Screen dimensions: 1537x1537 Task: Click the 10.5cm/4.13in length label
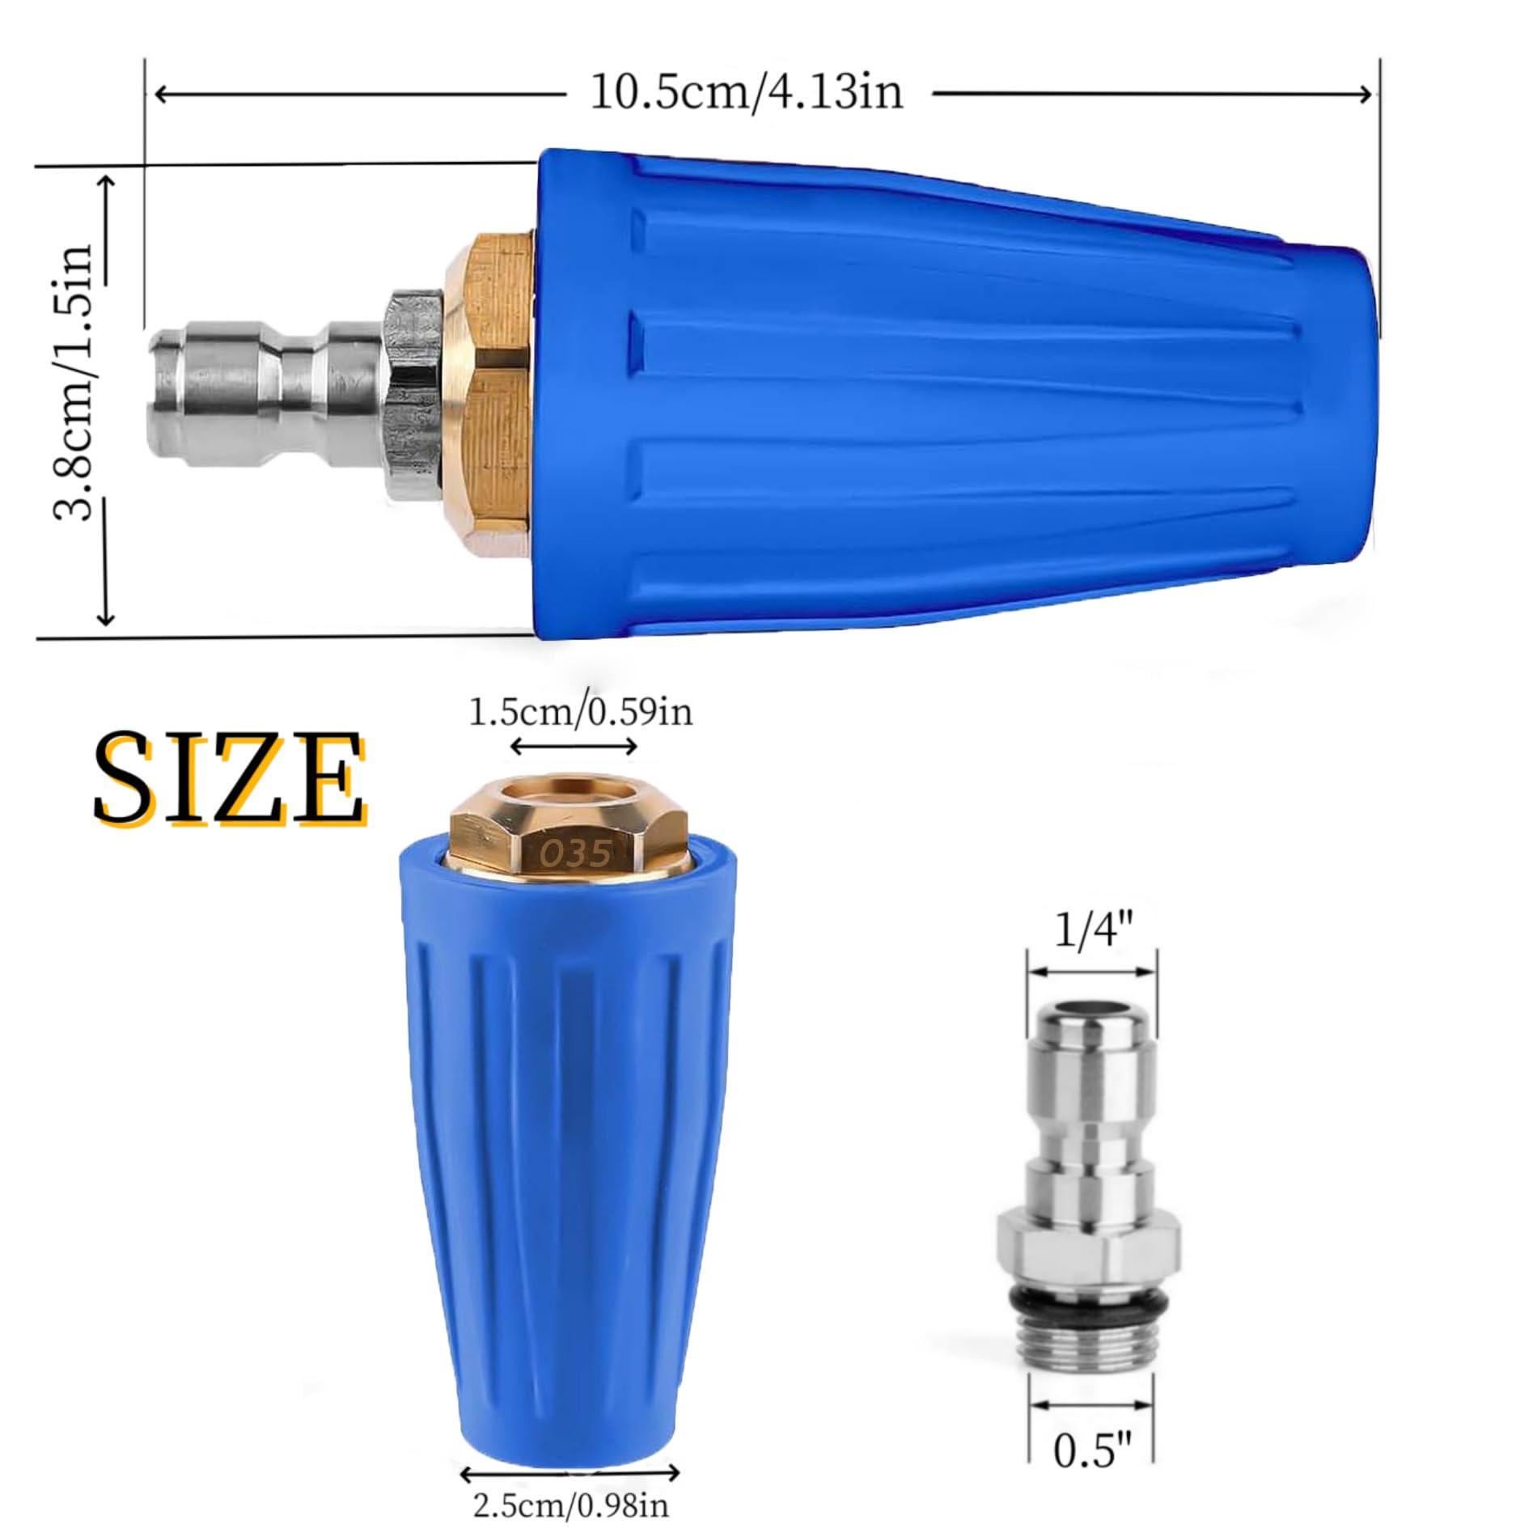pyautogui.click(x=746, y=92)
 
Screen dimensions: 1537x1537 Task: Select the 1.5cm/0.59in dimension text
pyautogui.click(x=581, y=713)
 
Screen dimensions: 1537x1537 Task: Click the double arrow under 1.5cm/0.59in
pyautogui.click(x=574, y=747)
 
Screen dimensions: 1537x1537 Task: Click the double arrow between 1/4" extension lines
pyautogui.click(x=1091, y=972)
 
